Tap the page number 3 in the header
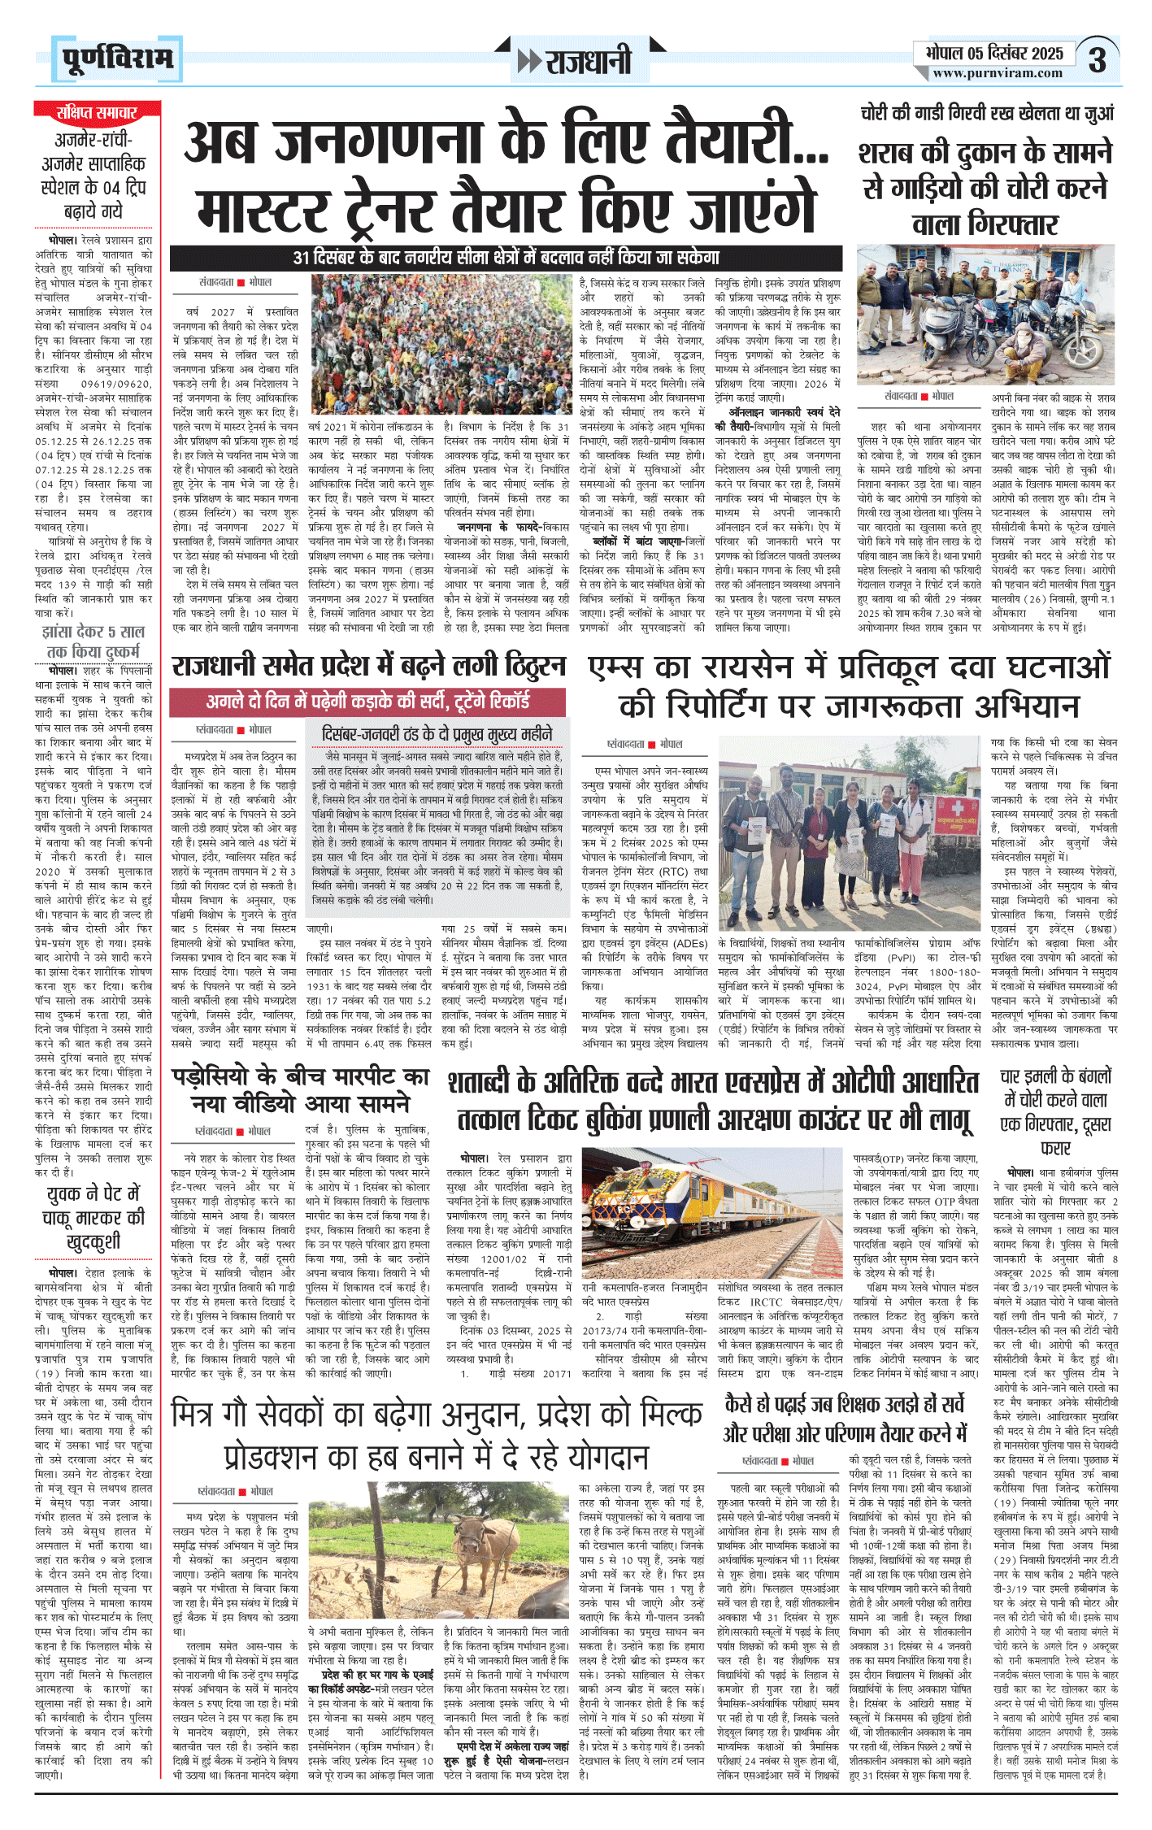coord(1097,60)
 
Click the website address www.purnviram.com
coord(998,73)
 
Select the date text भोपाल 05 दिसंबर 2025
coord(994,54)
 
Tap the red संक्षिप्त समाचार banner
coord(97,112)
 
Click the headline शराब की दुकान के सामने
coord(985,154)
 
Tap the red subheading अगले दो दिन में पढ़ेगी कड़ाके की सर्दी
coord(367,701)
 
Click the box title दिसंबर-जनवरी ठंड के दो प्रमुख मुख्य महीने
coord(437,734)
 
